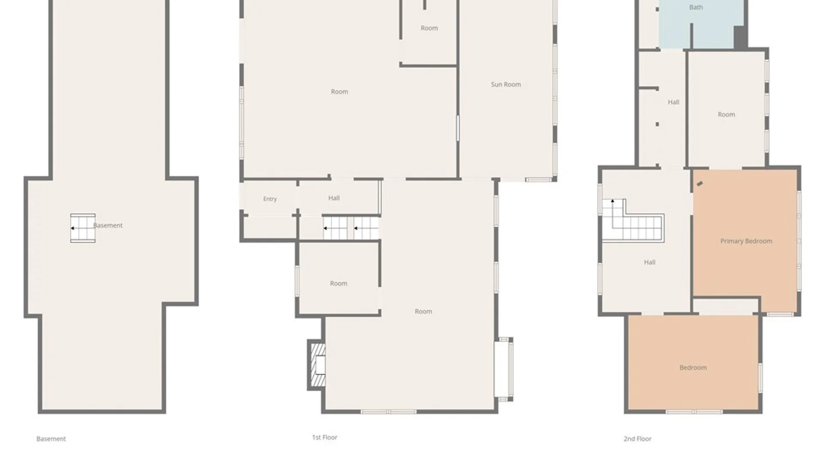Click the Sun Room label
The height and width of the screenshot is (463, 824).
(506, 84)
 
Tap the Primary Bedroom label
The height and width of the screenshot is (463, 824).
(746, 241)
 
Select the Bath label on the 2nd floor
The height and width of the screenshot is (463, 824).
(696, 7)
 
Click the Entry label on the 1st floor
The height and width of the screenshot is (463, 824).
(270, 199)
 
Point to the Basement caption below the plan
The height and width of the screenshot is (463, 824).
(51, 439)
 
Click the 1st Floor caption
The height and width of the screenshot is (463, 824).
(324, 437)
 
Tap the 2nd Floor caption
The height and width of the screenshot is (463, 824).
(637, 439)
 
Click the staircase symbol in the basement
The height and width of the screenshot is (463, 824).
(83, 228)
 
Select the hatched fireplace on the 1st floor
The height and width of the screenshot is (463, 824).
(316, 365)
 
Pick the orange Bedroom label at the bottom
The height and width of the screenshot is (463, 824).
(693, 367)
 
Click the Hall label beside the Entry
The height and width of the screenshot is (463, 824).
(334, 198)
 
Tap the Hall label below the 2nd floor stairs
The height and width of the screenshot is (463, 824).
(649, 262)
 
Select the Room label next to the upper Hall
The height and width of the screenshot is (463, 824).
(726, 114)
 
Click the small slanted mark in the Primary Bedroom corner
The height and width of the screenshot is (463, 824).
(700, 183)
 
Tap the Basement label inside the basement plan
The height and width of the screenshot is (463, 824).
(108, 225)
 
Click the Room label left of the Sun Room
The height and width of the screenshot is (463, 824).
(339, 92)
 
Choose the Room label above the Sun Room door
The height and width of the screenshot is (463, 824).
(429, 28)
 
